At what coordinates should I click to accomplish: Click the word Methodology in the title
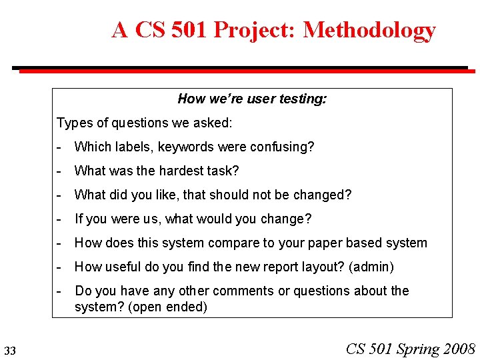pos(369,31)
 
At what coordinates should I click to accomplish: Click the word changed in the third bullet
pos(321,195)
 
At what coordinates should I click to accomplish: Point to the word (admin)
pos(372,267)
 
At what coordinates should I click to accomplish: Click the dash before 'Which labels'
pos(60,147)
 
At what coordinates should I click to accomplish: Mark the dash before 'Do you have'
pos(60,291)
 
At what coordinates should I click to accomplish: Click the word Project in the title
pos(264,31)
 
